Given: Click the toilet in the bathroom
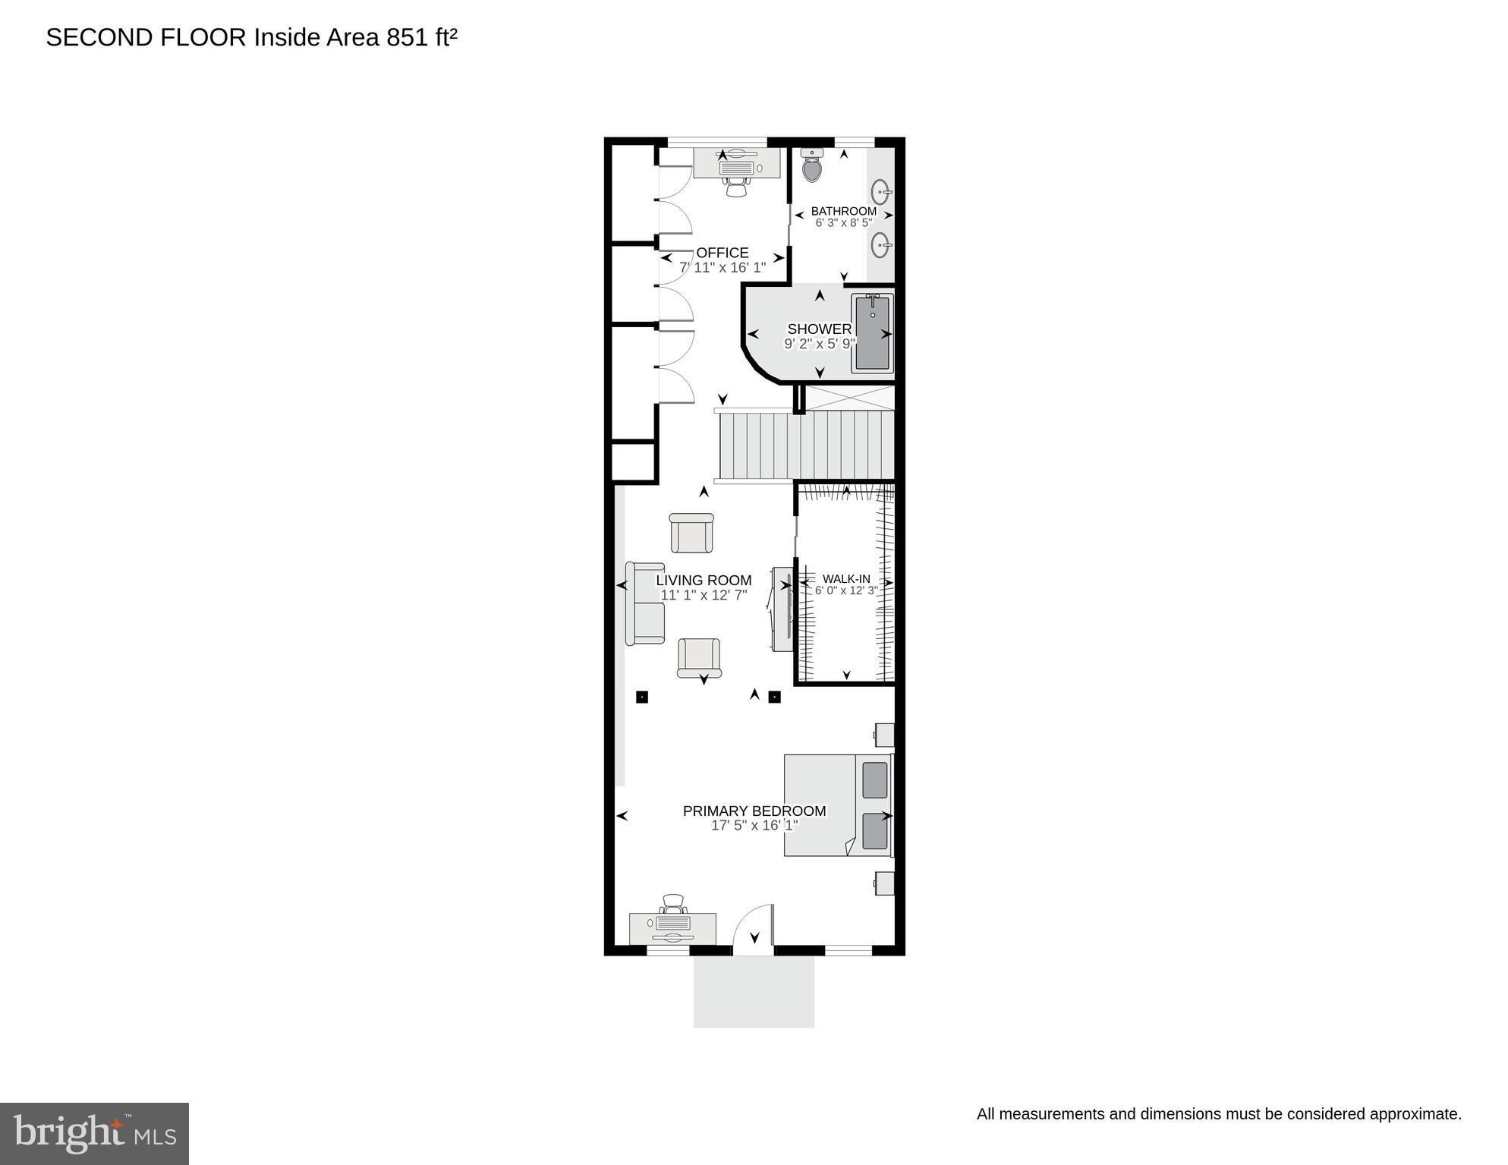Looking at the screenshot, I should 812,165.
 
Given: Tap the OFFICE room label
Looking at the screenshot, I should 722,253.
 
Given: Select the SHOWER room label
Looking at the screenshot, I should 819,329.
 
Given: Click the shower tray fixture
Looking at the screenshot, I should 872,333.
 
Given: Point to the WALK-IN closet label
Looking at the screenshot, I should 846,578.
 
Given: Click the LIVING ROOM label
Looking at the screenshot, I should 704,581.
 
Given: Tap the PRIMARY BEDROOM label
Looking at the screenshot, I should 754,811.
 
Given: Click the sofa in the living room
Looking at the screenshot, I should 645,603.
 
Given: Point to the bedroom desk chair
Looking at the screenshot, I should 673,904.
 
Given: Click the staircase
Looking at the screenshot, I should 804,446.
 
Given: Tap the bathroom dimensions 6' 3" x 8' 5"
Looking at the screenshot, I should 844,223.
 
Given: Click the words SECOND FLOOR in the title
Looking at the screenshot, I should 146,37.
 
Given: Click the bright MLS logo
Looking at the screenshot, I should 94,1133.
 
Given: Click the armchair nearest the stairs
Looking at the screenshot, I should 691,533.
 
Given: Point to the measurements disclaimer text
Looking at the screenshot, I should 1218,1114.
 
